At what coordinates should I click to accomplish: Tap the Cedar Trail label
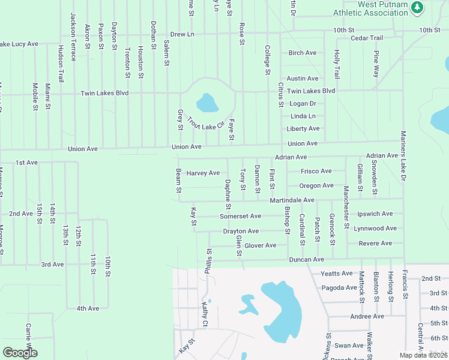pos(366,38)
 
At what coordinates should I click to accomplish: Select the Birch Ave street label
pos(302,53)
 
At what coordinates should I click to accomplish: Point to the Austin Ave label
pos(302,79)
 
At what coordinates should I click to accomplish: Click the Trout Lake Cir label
pos(205,122)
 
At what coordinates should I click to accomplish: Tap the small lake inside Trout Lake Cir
pos(208,103)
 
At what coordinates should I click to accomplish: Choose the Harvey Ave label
pos(203,173)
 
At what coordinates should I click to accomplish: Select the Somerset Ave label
pos(240,216)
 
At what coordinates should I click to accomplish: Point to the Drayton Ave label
pos(240,231)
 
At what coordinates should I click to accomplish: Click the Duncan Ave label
pos(306,259)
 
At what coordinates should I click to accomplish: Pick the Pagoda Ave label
pos(339,287)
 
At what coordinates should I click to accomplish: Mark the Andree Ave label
pos(367,316)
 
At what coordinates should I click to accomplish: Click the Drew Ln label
pos(182,34)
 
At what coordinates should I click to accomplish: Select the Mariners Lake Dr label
pos(403,156)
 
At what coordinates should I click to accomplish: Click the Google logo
pos(20,353)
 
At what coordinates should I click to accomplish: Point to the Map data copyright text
pos(423,355)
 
